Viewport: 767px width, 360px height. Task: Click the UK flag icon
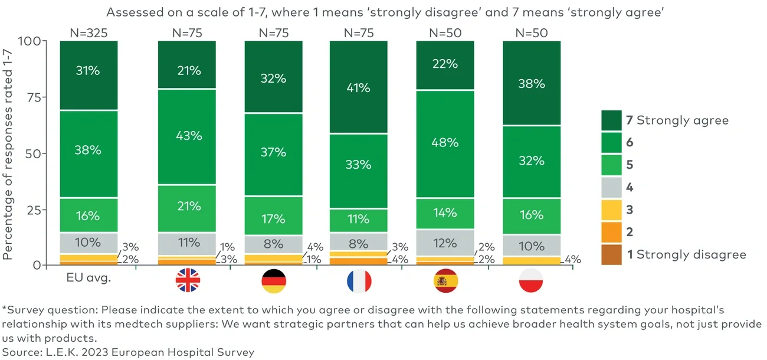coord(188,282)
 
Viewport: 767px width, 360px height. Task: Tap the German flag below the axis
coord(274,282)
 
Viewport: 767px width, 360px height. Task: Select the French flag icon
coord(360,282)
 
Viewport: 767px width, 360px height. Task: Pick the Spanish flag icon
coord(445,282)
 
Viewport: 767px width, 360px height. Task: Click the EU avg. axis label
coord(88,279)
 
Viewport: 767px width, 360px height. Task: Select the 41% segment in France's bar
coord(359,88)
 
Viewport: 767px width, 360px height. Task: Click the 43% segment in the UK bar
coord(188,136)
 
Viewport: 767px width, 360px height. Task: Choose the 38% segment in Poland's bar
coord(532,83)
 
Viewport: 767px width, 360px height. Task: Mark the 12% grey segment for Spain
coord(445,243)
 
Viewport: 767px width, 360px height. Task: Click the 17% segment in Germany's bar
coord(274,219)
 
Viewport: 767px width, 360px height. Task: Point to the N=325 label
coord(88,33)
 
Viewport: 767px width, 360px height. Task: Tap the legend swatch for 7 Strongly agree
coord(611,120)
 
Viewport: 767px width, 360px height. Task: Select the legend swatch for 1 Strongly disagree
coord(611,254)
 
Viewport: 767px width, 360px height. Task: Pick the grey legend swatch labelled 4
coord(611,187)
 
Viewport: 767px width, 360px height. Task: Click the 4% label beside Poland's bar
coord(573,258)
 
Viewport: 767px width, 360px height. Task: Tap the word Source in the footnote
coord(19,352)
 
